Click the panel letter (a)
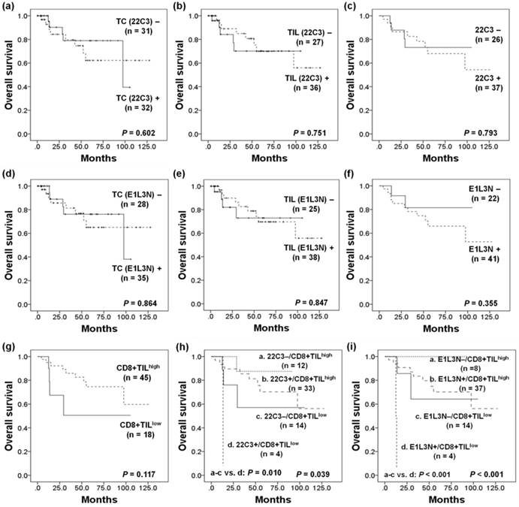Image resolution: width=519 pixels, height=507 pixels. (11, 8)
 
